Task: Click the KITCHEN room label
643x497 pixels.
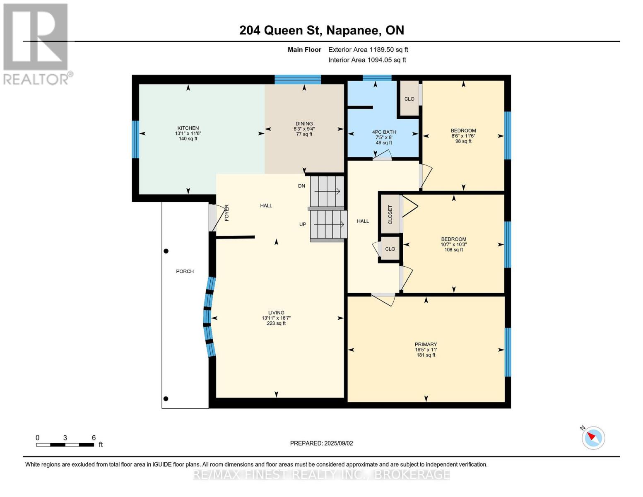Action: click(188, 128)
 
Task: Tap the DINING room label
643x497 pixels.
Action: click(304, 124)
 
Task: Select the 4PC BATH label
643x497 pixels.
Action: click(384, 132)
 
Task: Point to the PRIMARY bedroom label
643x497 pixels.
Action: click(426, 344)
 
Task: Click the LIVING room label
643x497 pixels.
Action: click(276, 313)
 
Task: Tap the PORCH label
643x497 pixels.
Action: click(185, 271)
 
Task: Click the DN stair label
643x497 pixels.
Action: click(301, 186)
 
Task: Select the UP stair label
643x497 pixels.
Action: click(302, 224)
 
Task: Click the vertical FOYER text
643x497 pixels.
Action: click(226, 213)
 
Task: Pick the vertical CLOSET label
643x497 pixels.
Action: click(390, 215)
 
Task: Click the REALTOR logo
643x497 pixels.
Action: click(37, 44)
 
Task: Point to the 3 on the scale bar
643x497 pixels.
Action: click(65, 437)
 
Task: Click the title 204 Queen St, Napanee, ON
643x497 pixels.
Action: click(322, 30)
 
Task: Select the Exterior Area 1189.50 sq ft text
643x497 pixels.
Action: click(368, 50)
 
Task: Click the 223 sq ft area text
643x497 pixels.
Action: click(276, 323)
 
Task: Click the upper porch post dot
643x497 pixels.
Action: click(166, 251)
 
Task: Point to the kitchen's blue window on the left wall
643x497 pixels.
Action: click(135, 140)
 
